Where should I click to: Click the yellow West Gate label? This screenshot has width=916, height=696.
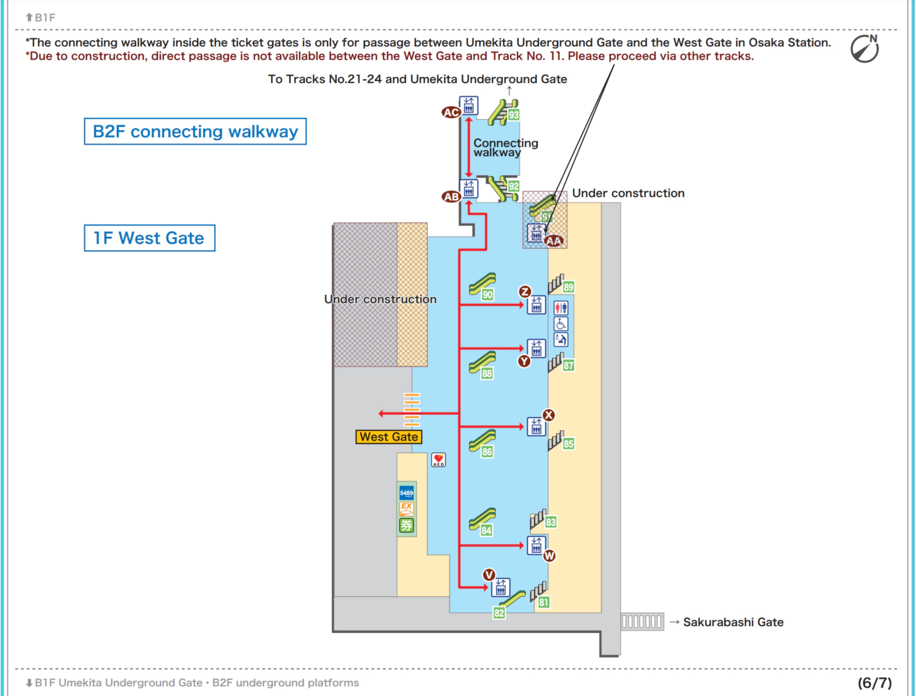(x=389, y=437)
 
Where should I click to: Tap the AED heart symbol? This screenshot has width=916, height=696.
(x=439, y=459)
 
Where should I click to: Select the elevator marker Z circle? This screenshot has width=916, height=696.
(x=524, y=291)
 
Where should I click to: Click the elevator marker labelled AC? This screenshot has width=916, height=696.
(x=451, y=112)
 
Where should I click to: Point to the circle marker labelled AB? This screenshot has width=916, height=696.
(x=451, y=197)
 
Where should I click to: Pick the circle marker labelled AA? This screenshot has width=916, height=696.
(x=554, y=241)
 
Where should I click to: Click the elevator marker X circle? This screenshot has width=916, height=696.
(x=548, y=415)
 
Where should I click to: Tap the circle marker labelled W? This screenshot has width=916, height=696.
(x=549, y=556)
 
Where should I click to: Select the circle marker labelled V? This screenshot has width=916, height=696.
(x=488, y=575)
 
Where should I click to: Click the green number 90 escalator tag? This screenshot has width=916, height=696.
(x=487, y=295)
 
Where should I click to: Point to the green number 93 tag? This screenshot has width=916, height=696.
(x=514, y=115)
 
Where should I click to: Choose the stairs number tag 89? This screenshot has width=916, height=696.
(x=568, y=287)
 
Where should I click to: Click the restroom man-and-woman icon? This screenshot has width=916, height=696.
(x=561, y=308)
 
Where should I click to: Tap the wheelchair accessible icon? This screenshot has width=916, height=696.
(x=561, y=324)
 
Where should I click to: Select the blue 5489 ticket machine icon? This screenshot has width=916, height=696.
(x=406, y=493)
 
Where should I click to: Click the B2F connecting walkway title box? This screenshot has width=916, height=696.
(x=195, y=132)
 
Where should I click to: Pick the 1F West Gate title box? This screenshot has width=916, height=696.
(x=149, y=238)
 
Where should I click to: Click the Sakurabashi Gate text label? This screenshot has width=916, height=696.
(x=733, y=622)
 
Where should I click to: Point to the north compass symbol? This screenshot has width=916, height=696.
(x=864, y=49)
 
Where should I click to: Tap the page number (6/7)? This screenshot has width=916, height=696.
(x=874, y=683)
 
